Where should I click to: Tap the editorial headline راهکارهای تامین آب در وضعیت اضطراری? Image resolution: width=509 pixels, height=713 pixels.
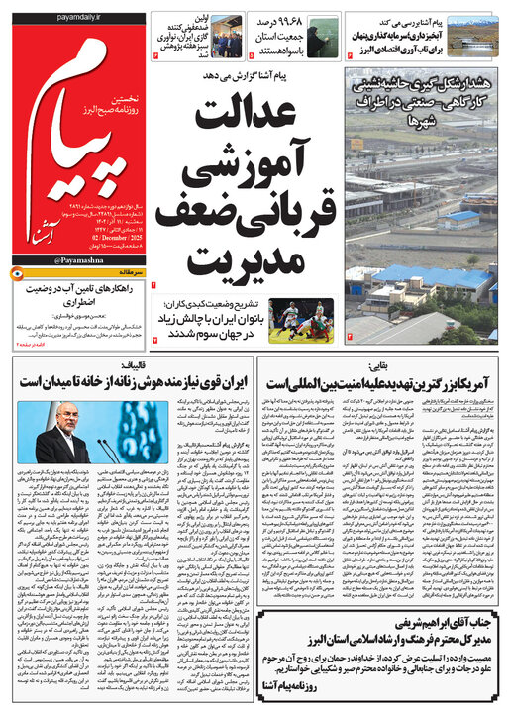tap(81, 294)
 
